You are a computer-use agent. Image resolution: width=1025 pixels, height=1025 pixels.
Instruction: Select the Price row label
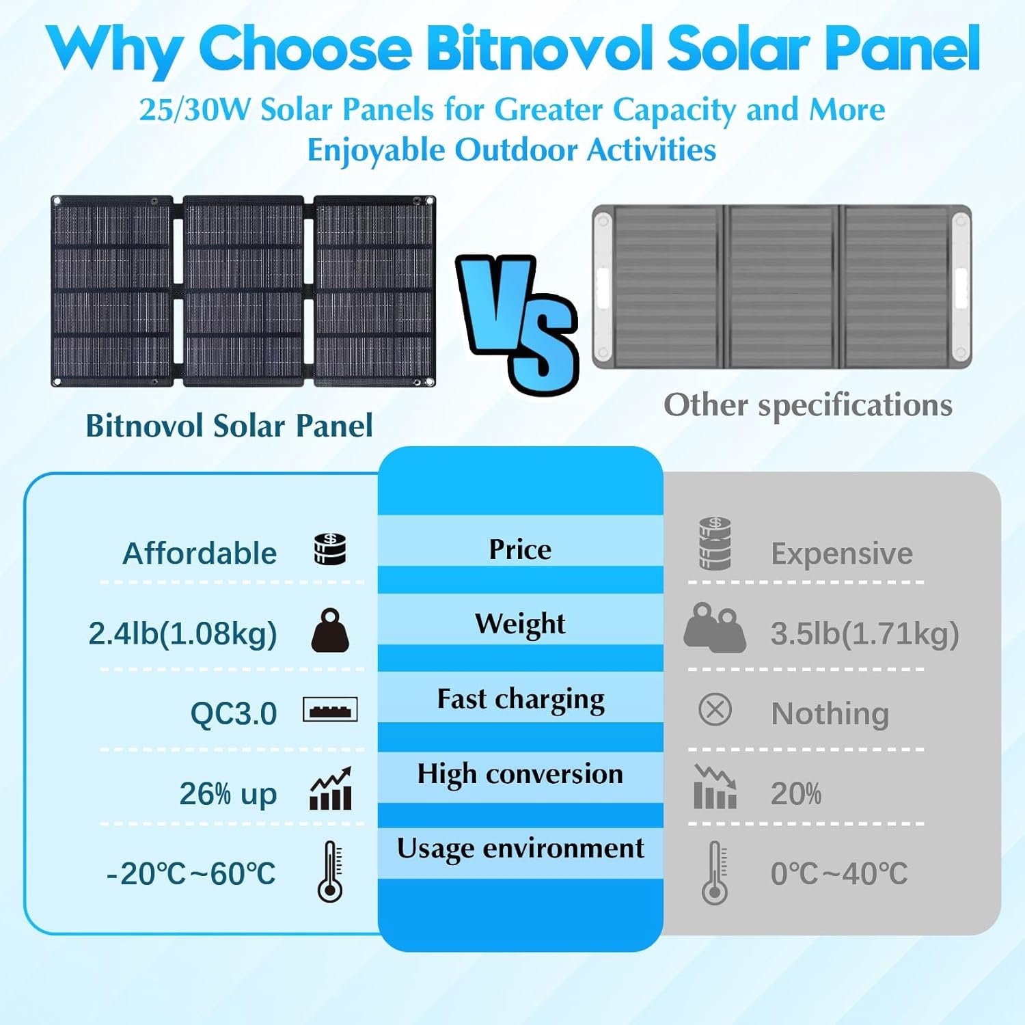coord(520,549)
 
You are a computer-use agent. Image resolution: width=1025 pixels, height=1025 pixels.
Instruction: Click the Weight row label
coord(520,624)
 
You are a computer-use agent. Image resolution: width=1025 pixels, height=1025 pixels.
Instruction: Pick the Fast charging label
coord(521,700)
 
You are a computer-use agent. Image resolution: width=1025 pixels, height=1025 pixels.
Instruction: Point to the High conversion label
coord(520,774)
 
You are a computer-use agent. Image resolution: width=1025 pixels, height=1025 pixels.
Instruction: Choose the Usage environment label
coord(520,849)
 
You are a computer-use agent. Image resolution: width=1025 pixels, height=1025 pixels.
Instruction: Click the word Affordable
coord(200,553)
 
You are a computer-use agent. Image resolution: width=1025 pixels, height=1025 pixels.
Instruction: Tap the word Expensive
coord(841,553)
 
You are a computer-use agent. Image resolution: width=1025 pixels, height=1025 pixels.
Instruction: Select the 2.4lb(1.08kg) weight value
coord(182,633)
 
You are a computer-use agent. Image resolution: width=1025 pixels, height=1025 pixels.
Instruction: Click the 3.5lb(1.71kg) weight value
coord(864,633)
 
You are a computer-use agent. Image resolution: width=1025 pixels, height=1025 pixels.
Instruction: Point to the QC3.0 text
coord(233,714)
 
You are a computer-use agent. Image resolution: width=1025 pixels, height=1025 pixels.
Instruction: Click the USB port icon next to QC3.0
coord(330,710)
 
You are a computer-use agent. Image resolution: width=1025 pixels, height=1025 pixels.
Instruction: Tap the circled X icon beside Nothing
coord(715,710)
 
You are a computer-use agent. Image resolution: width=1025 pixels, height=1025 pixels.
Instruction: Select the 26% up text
coord(228,794)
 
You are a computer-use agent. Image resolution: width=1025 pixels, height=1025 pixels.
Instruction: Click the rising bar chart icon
coord(331,789)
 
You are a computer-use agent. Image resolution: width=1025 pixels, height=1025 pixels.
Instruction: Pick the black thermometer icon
coord(331,871)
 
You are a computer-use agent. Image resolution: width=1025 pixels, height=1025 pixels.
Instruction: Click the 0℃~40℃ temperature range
coord(839,874)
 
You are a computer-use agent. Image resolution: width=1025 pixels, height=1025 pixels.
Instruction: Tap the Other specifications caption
coord(808,405)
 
